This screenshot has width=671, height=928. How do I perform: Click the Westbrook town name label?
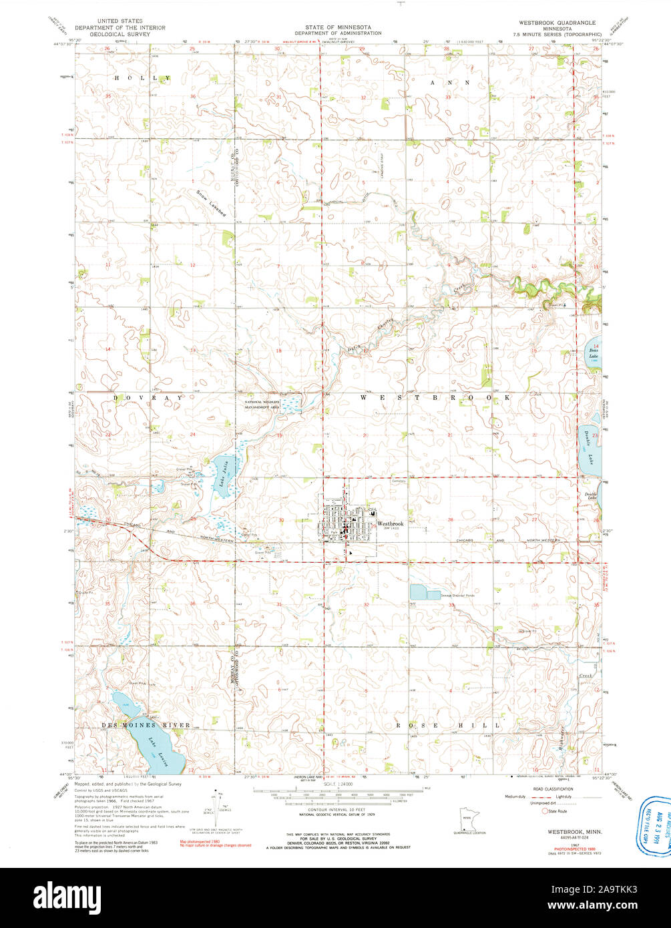(391, 524)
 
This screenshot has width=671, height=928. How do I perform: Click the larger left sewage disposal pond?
(417, 592)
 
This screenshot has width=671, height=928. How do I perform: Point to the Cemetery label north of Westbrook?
(399, 479)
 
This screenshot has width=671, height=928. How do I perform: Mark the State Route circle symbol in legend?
(545, 811)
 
